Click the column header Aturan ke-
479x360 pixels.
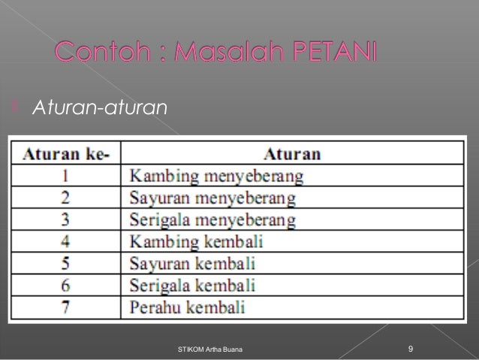pos(66,155)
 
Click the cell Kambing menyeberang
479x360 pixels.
pos(216,177)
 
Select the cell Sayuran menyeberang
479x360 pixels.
pos(212,199)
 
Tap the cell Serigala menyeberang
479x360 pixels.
pos(212,221)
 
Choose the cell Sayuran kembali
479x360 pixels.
pos(193,265)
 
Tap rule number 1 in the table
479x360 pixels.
pos(66,177)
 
